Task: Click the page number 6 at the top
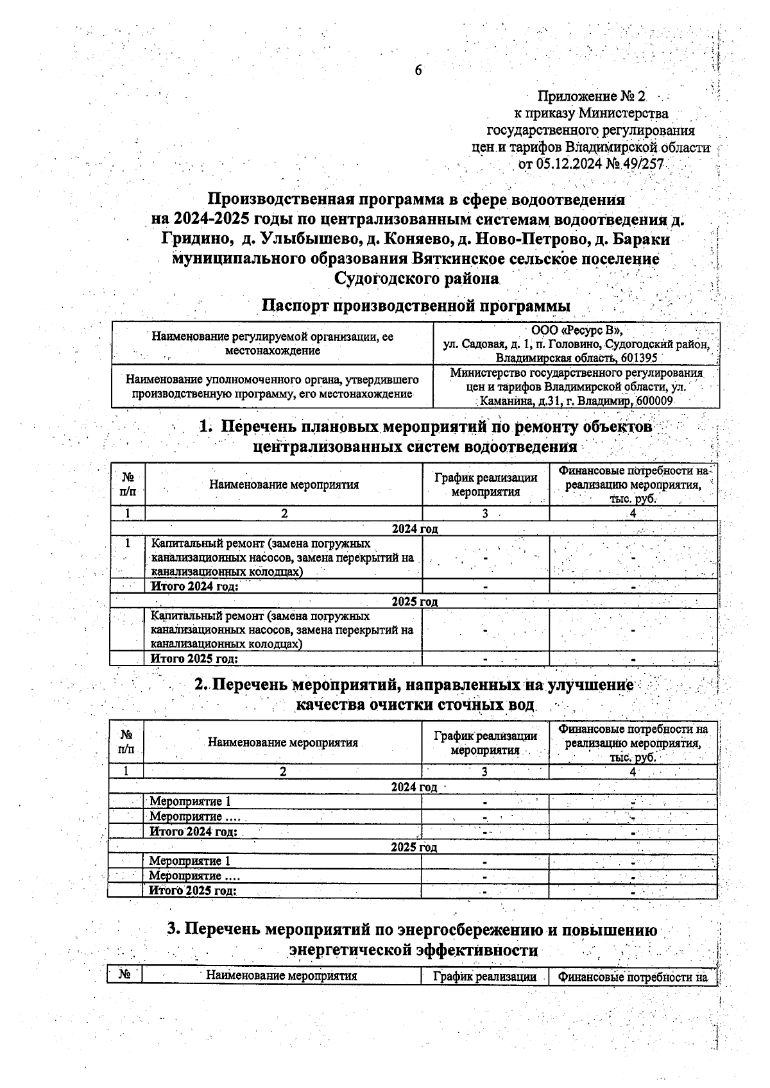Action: click(x=418, y=71)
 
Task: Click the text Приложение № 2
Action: click(x=591, y=97)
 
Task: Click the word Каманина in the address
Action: click(x=503, y=401)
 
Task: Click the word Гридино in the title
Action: click(x=196, y=240)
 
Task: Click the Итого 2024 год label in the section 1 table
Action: click(x=194, y=587)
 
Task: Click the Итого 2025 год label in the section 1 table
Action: click(x=194, y=658)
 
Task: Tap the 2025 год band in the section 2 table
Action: click(x=414, y=848)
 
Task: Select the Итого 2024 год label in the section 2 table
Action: click(x=193, y=832)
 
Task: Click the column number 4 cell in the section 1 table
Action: click(x=633, y=514)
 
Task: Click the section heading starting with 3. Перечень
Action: click(x=412, y=939)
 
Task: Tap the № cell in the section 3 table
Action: click(x=124, y=975)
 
